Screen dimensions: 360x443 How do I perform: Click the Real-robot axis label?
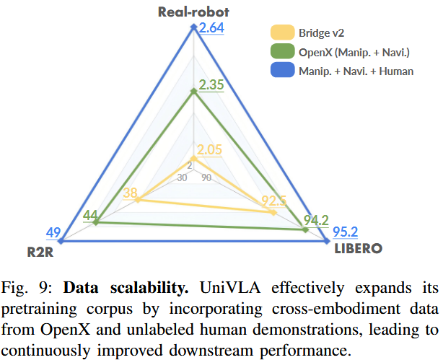coord(193,11)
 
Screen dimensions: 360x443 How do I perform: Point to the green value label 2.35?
coord(211,84)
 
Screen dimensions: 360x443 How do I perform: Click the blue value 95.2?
coord(346,232)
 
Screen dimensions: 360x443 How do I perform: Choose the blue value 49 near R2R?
coord(53,232)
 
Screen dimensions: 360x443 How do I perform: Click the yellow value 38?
coord(131,192)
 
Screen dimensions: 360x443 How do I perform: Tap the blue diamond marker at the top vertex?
coord(193,27)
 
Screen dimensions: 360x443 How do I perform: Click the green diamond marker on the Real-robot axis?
coord(193,91)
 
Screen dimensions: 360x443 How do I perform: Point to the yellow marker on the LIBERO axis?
coord(273,212)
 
